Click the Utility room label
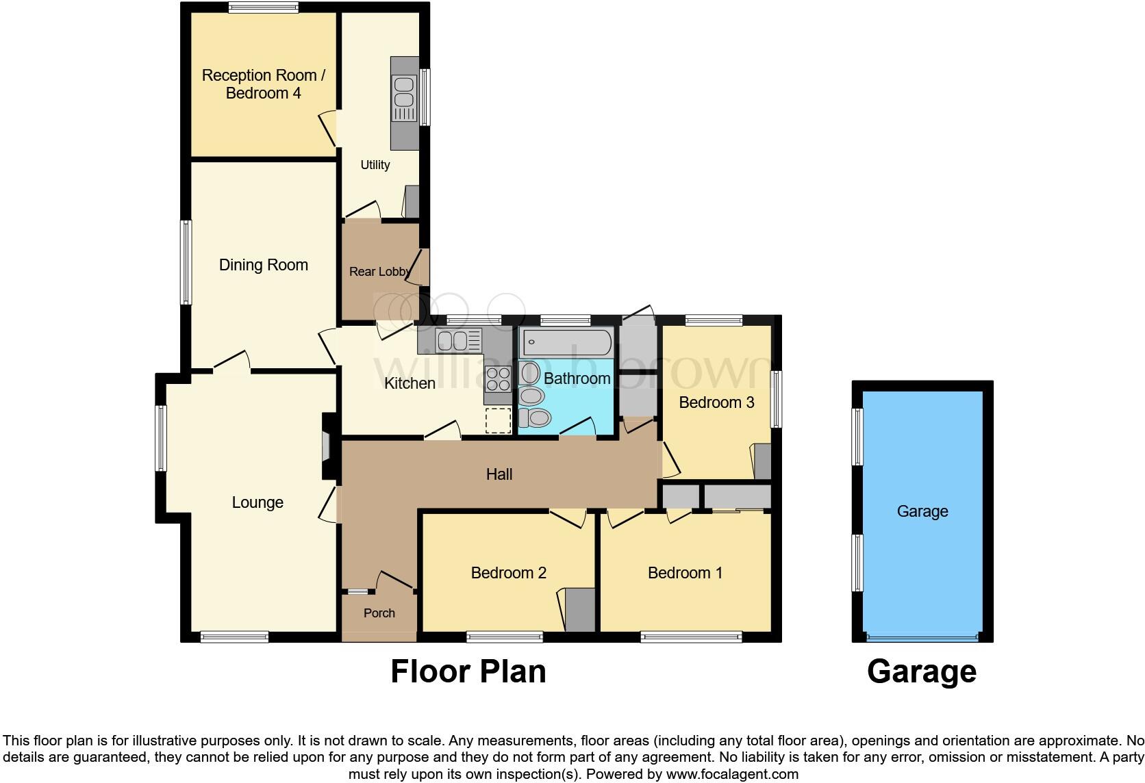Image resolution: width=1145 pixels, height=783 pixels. tap(375, 165)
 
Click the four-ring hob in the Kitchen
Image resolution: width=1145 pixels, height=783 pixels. tap(498, 378)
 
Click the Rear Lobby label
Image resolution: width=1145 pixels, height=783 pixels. tap(379, 272)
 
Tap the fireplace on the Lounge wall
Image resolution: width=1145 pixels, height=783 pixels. tap(328, 447)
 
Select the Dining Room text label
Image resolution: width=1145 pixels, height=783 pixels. tap(263, 265)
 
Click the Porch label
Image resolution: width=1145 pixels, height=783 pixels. tap(379, 613)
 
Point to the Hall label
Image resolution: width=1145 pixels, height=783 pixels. tap(499, 474)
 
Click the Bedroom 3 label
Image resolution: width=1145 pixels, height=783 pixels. tap(716, 402)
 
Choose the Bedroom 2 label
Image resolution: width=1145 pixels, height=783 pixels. tap(508, 573)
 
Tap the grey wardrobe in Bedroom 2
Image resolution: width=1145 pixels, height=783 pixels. tap(580, 610)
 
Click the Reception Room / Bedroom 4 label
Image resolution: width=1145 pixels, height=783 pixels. tap(263, 84)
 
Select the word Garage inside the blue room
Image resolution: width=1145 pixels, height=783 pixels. tap(922, 511)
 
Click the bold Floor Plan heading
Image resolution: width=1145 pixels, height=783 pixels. tap(468, 672)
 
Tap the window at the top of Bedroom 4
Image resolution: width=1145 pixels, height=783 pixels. tap(263, 8)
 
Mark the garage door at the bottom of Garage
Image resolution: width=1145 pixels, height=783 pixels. tap(922, 637)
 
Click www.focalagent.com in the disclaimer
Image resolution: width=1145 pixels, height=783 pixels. tap(731, 775)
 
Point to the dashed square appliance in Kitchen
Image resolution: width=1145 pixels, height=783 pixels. tap(498, 420)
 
